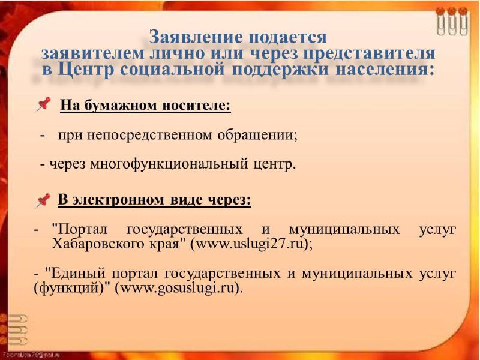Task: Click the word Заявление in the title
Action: tap(196, 37)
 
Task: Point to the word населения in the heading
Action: tap(385, 70)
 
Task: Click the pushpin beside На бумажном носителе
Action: tap(43, 104)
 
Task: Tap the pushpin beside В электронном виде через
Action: tap(43, 200)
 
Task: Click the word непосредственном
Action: tap(149, 135)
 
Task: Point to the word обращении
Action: tap(257, 135)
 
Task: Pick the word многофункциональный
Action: tap(169, 164)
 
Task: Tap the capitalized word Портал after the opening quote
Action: tap(83, 229)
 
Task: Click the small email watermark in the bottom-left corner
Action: tap(31, 355)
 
